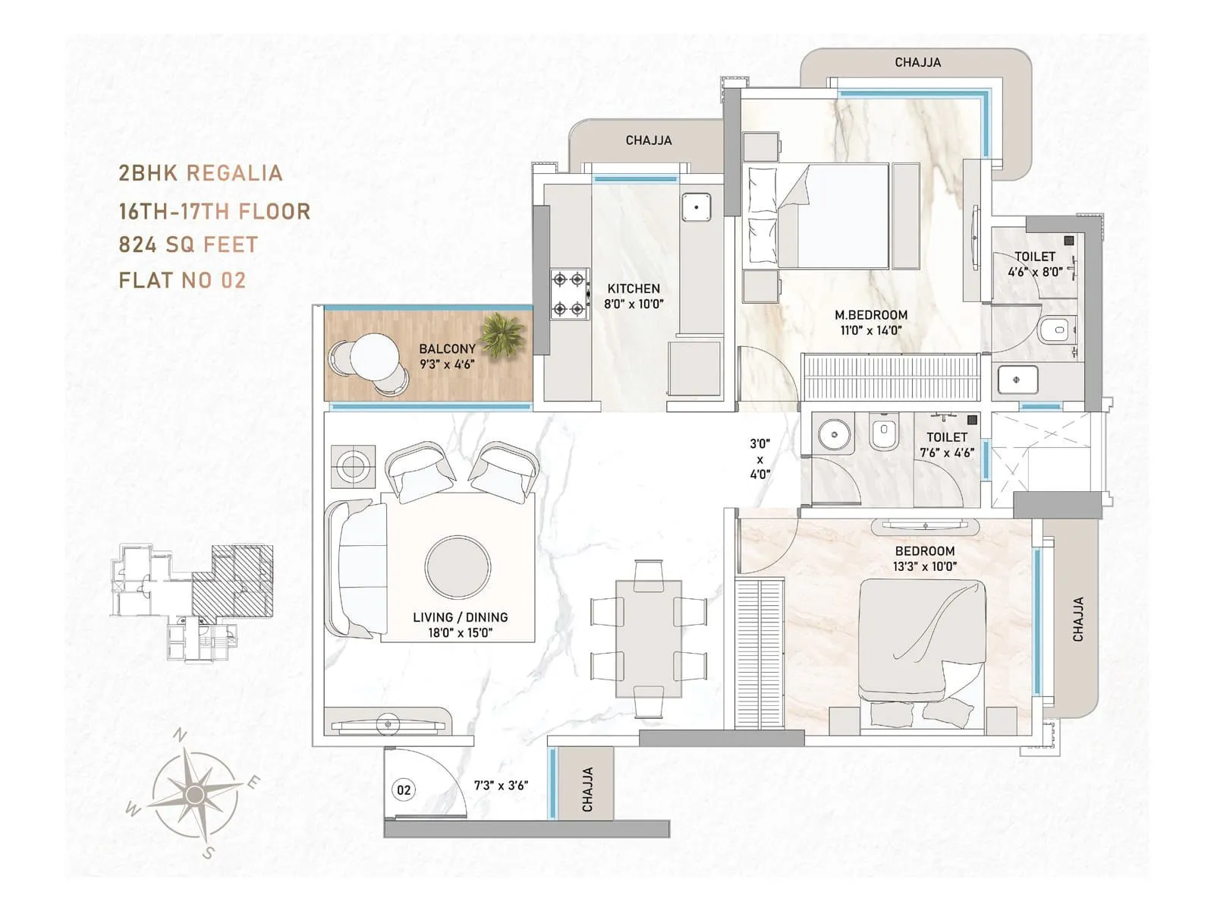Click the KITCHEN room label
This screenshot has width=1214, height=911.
tap(634, 288)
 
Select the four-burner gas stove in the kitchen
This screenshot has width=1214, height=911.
tap(570, 294)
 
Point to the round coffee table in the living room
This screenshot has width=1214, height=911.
tap(458, 567)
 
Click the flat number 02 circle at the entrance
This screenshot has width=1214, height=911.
tap(404, 790)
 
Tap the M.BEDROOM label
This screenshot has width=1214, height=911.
tap(871, 315)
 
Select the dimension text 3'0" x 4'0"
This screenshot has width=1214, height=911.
tap(760, 459)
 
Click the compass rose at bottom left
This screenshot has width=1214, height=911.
tap(195, 794)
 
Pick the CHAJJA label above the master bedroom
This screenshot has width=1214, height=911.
tap(917, 62)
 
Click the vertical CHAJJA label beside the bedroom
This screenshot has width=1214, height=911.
tap(1078, 619)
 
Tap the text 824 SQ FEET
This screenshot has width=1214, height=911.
tap(188, 245)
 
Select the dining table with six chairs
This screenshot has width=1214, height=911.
tap(648, 638)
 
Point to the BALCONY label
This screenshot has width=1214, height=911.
tap(447, 348)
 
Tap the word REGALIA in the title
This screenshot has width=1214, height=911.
tap(234, 173)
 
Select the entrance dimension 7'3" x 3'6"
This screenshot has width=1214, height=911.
tap(501, 785)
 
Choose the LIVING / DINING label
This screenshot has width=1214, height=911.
tap(460, 617)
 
